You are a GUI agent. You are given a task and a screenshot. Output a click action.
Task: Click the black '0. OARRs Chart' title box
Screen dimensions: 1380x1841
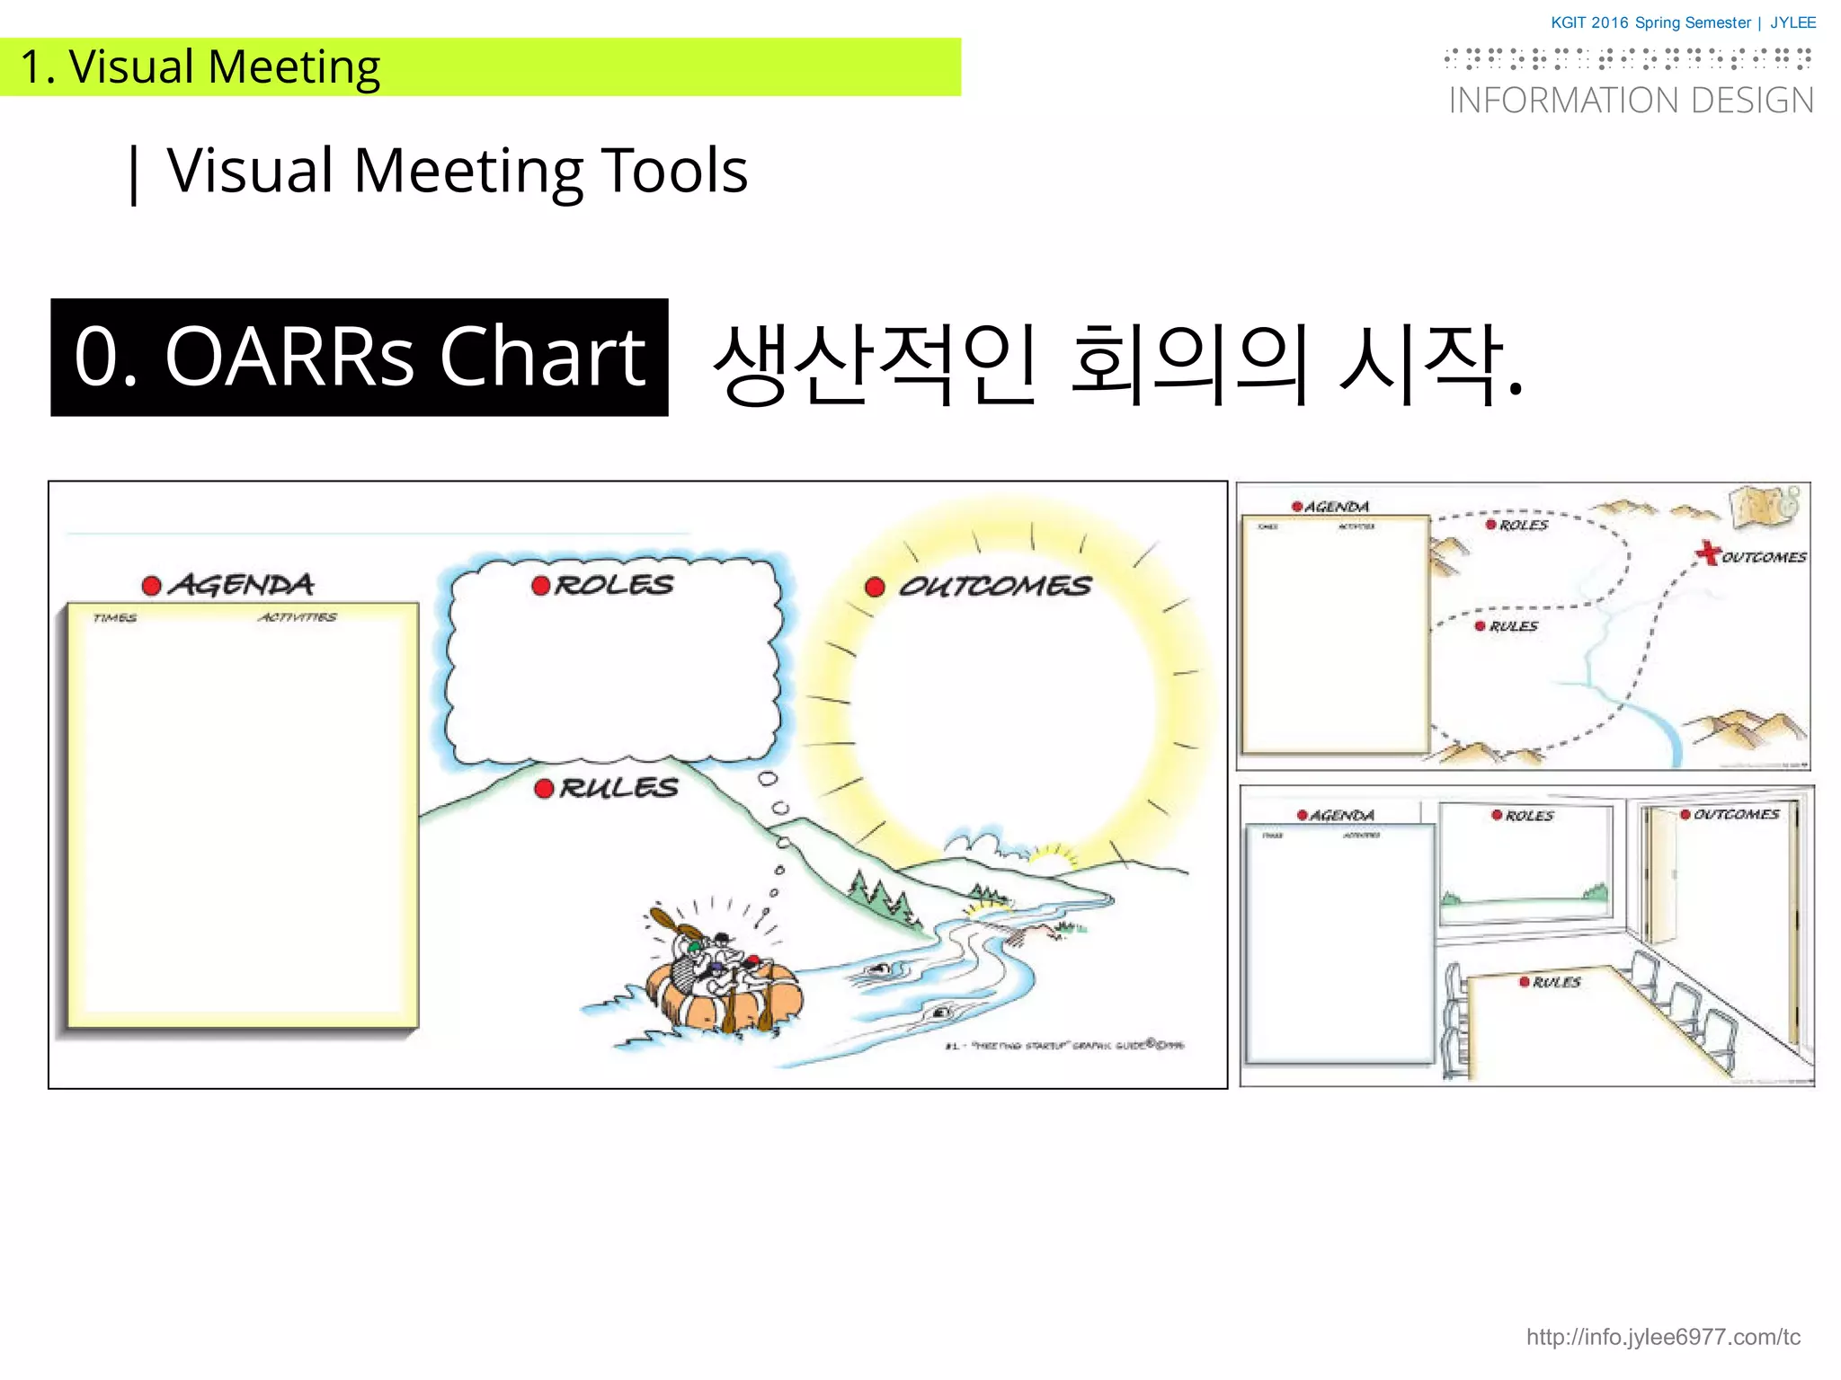click(359, 357)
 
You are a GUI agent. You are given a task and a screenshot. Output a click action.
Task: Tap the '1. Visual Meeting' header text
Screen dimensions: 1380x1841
click(200, 66)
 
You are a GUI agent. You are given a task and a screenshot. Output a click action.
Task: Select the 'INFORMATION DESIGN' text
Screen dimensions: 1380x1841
click(1631, 101)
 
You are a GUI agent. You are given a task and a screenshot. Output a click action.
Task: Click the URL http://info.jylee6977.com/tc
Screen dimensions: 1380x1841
click(1662, 1337)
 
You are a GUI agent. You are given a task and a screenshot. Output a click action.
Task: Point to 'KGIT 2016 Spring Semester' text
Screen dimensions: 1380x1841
click(1650, 22)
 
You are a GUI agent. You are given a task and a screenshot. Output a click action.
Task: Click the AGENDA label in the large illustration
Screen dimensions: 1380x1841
click(242, 586)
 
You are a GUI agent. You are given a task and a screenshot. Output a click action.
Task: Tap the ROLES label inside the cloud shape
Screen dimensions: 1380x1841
click(614, 586)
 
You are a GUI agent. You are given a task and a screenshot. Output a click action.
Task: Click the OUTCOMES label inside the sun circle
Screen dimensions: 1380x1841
click(994, 587)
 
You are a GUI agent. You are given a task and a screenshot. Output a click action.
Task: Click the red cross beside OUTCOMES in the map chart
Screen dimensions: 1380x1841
click(1707, 553)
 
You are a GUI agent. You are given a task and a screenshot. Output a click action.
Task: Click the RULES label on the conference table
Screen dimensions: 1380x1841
click(1556, 982)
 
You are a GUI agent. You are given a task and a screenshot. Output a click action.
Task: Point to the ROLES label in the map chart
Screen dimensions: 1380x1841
click(1524, 525)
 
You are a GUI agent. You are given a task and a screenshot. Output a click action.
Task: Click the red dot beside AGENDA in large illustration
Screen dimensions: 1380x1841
click(152, 587)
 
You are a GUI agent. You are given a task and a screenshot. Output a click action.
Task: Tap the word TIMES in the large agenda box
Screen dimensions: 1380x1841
click(115, 618)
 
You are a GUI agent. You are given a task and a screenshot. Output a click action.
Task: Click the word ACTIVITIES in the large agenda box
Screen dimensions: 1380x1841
click(298, 617)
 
